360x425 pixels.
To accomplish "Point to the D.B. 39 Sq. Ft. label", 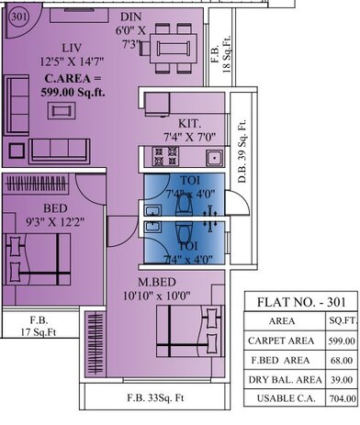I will point(242,154).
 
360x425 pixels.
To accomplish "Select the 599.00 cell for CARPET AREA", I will point(334,341).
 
